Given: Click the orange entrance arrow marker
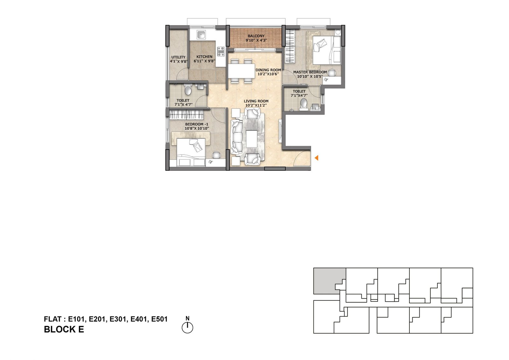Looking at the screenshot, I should click(316, 158).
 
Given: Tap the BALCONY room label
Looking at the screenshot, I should click(256, 36).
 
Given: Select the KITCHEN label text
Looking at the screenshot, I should click(204, 57).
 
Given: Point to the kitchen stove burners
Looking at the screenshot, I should click(220, 51).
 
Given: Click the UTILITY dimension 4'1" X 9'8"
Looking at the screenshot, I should click(178, 61).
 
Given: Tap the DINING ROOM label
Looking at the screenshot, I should click(268, 70).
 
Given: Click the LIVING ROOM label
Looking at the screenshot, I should click(256, 101).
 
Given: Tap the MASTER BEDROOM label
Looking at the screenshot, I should click(310, 72).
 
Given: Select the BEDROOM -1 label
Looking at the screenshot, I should click(197, 124).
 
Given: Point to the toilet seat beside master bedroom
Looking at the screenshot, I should click(303, 103).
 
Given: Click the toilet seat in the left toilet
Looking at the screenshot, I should click(188, 91).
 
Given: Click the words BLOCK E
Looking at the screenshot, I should click(64, 329).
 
